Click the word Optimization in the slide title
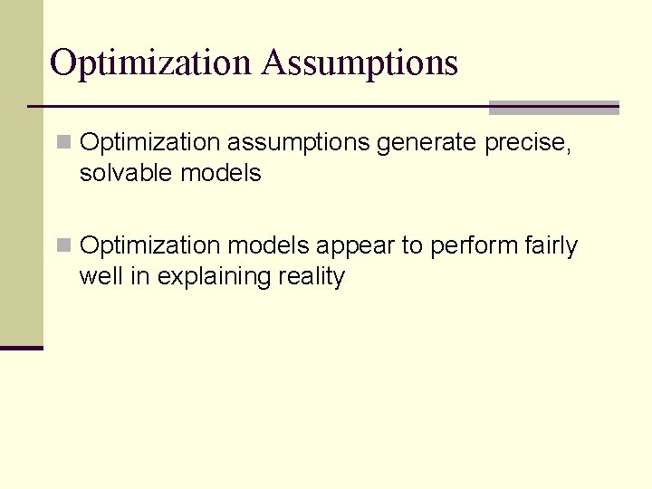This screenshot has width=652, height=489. [x=150, y=63]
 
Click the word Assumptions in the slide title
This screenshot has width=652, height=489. [x=360, y=63]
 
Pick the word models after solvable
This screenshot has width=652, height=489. [x=221, y=173]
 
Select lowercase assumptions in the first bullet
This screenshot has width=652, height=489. [x=298, y=143]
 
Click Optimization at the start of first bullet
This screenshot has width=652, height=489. [x=150, y=143]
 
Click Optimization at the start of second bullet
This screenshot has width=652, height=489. [x=150, y=246]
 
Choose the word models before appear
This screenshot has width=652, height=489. [x=269, y=246]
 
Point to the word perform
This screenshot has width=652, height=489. [x=474, y=246]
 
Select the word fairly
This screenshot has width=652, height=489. [x=551, y=246]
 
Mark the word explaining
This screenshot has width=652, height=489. [x=211, y=277]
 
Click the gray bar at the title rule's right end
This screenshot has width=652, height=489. [x=553, y=108]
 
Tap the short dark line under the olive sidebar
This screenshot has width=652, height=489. [x=22, y=348]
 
